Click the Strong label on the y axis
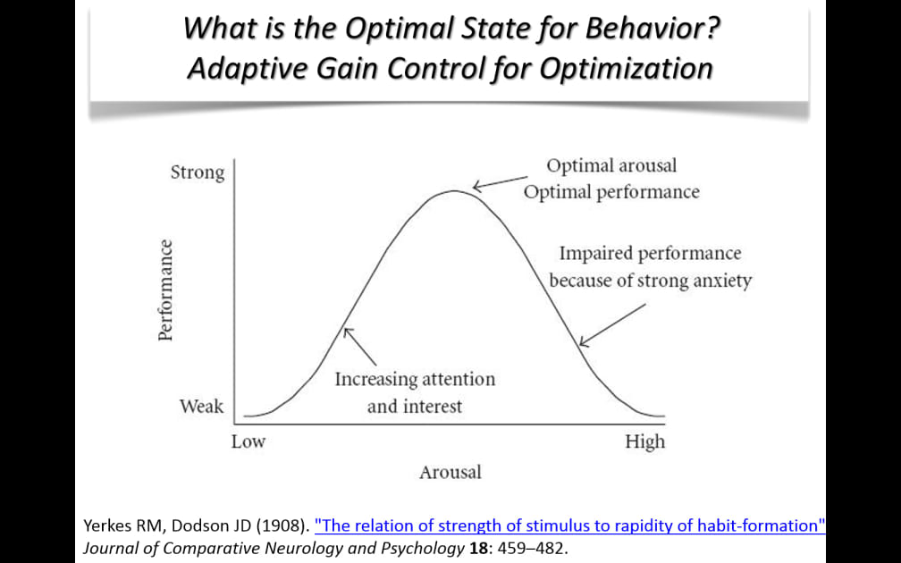pos(198,172)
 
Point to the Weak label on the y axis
pos(201,406)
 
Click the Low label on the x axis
pos(248,441)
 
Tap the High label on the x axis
pos(644,441)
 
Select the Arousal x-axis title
pos(450,472)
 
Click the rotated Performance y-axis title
pos(165,290)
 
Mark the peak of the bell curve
pos(454,190)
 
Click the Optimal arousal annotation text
pos(611,166)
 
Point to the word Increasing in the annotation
pos(375,379)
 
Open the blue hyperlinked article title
pos(570,525)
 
